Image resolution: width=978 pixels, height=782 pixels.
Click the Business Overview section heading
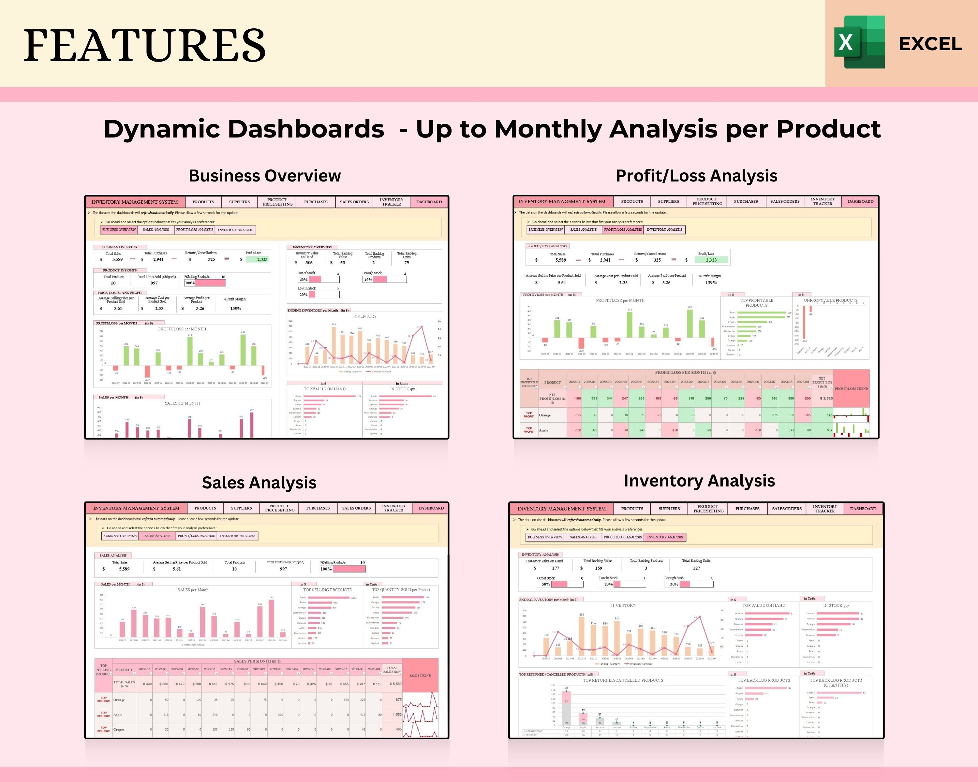[264, 176]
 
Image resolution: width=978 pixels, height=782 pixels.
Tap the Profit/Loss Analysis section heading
[696, 176]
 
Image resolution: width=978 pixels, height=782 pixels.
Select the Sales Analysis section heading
[259, 483]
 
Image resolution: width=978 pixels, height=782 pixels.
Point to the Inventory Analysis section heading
[699, 481]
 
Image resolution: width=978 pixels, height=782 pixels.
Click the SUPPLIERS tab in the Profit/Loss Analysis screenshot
[668, 201]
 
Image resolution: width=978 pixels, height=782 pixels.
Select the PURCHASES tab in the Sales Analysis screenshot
[318, 508]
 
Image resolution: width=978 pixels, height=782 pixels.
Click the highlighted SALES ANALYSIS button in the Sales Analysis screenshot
[157, 536]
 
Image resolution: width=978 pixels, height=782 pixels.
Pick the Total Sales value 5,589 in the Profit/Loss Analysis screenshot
[561, 260]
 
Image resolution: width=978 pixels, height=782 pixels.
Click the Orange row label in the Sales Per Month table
[119, 700]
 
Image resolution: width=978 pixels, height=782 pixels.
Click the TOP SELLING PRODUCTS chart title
[327, 590]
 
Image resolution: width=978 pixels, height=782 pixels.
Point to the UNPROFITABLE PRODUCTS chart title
[831, 300]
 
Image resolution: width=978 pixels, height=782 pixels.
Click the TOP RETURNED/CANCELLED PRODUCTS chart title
[623, 680]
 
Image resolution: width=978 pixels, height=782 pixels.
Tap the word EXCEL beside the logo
[930, 44]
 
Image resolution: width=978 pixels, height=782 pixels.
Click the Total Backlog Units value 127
[696, 568]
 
